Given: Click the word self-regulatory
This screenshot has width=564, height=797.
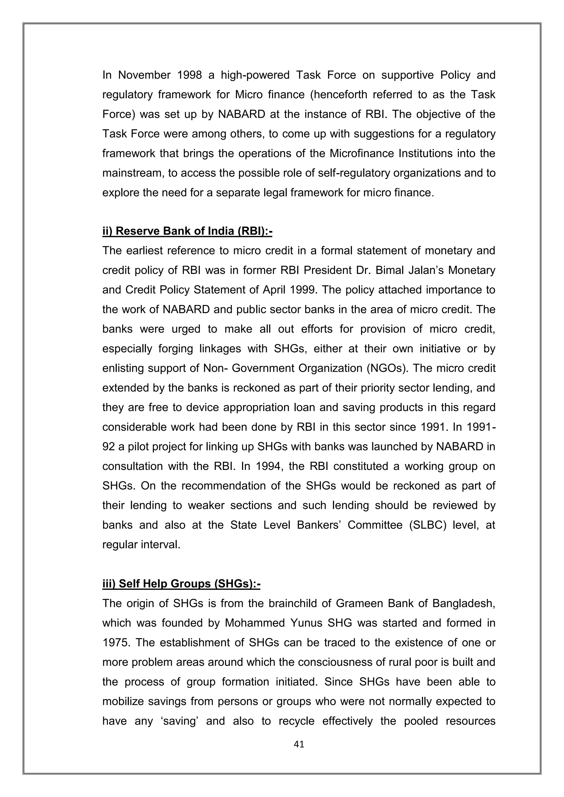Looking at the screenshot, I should coord(354,173).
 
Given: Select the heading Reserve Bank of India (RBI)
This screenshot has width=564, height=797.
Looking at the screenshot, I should coord(187,231).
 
